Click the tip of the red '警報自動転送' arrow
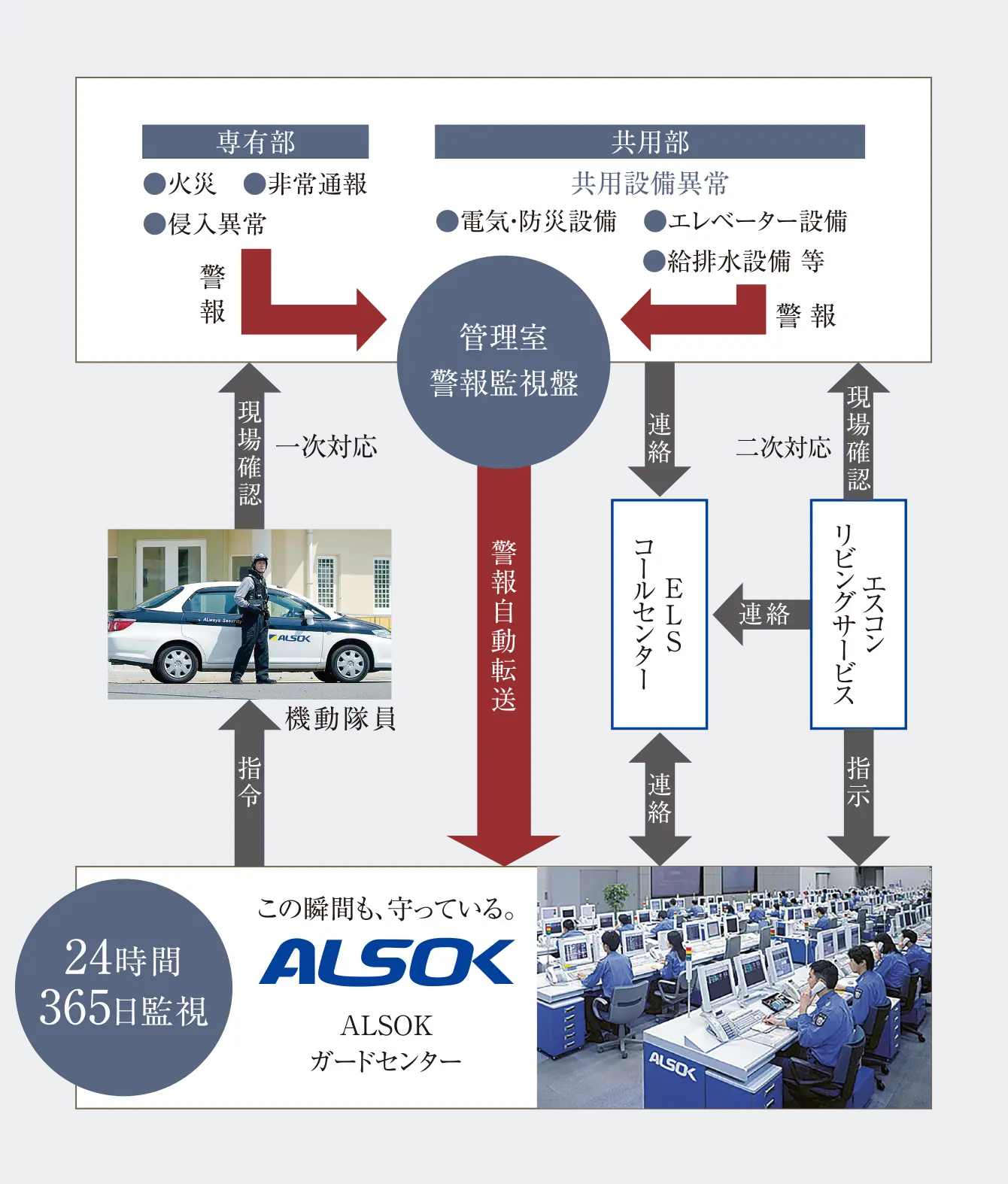point(504,866)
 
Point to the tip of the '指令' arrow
point(250,700)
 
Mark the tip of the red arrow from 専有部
point(387,320)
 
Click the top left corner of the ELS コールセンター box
point(612,500)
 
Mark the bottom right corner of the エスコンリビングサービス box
point(906,729)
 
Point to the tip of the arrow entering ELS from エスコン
point(713,615)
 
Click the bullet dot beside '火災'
point(155,184)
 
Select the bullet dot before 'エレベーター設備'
point(655,221)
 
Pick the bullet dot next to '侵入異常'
point(155,224)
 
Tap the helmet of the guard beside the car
point(260,559)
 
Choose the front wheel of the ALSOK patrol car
point(348,663)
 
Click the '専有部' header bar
point(256,141)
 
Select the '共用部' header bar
point(650,141)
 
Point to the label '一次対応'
point(326,447)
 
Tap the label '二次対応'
point(784,447)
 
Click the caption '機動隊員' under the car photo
point(341,719)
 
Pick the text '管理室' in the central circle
point(503,337)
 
